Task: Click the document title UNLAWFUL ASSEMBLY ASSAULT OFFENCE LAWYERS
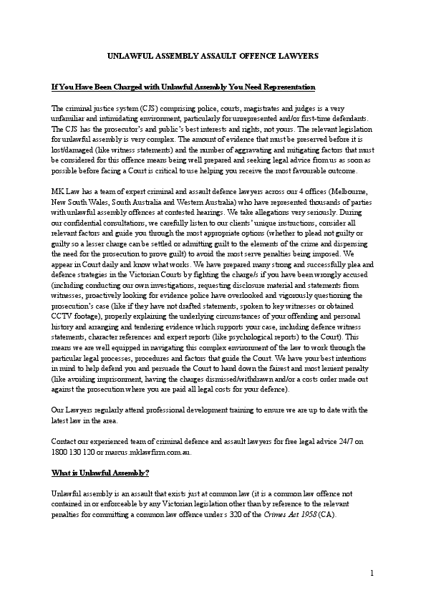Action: coord(213,55)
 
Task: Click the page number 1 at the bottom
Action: coord(372,573)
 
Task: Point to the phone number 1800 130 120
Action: coord(72,453)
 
